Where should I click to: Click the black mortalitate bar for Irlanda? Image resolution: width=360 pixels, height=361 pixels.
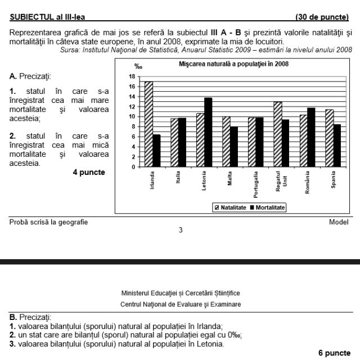pos(156,150)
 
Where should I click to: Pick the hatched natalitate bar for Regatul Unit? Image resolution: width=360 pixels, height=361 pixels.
pos(278,134)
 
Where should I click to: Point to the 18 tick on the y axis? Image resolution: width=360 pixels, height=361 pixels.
pos(132,76)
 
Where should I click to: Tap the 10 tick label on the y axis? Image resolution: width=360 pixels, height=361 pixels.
pos(132,116)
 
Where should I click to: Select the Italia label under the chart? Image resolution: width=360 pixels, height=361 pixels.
pos(178,182)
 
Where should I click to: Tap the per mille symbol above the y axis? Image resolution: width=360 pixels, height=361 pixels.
pos(138,67)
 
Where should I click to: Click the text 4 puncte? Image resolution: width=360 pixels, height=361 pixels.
pos(88,172)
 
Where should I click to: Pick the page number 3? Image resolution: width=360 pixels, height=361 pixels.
pos(180,229)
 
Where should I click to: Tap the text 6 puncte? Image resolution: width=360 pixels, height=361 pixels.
pos(334,353)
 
